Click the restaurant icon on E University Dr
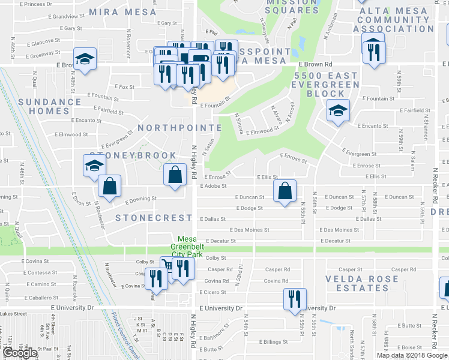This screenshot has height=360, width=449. point(295,299)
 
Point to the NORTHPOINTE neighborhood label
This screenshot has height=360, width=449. point(179,128)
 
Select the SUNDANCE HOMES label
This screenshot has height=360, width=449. point(49,106)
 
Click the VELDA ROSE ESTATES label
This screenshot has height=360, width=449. point(366,283)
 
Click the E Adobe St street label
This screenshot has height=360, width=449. point(212,187)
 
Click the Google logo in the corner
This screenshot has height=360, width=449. point(20,353)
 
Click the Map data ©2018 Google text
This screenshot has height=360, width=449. point(412,355)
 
